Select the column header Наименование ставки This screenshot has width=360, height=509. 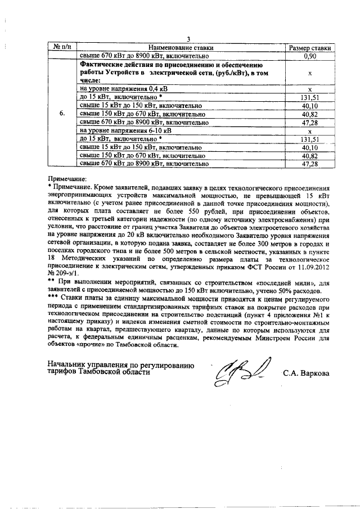click(180, 48)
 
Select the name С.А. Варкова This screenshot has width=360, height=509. click(307, 372)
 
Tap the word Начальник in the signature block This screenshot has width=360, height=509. click(69, 364)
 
